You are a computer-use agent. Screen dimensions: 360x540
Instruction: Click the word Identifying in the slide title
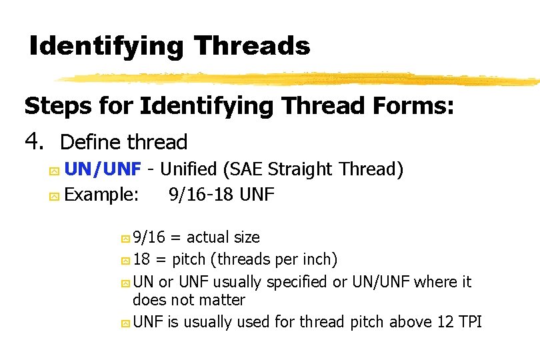click(106, 46)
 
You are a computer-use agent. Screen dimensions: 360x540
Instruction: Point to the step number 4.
click(33, 141)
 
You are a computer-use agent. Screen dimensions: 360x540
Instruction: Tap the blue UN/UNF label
click(103, 169)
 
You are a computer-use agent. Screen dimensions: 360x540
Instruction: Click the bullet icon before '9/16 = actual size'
click(125, 238)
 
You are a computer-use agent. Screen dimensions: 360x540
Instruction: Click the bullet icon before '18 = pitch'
click(125, 260)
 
